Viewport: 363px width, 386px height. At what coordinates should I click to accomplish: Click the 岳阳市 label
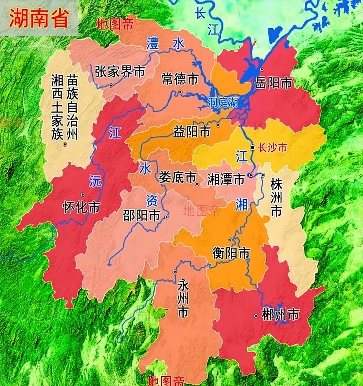click(x=273, y=83)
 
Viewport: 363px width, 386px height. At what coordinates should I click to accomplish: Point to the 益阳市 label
click(x=192, y=132)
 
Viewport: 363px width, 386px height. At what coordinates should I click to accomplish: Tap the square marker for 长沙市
click(x=252, y=147)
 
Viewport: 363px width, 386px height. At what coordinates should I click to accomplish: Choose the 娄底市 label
click(x=178, y=177)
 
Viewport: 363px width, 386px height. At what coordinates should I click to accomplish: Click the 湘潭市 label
click(x=226, y=179)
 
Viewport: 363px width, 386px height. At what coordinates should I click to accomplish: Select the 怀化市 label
click(x=81, y=207)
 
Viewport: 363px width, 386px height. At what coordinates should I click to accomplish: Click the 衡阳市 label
click(x=231, y=253)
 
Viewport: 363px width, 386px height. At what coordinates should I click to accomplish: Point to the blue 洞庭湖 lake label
click(x=223, y=102)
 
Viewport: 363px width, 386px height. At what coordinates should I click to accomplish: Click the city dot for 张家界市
click(x=111, y=85)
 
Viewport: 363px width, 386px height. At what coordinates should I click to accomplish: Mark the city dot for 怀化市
click(x=83, y=194)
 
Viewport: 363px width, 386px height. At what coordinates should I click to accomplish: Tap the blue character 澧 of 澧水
click(x=152, y=44)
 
